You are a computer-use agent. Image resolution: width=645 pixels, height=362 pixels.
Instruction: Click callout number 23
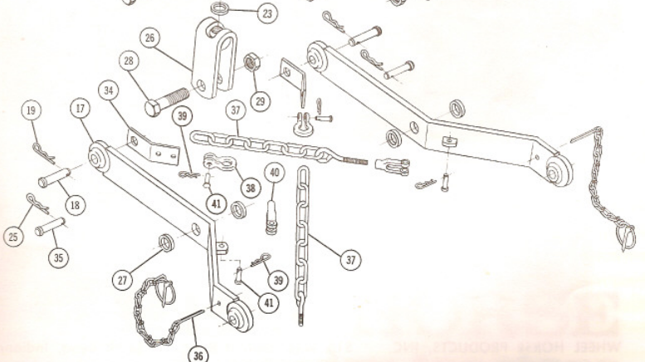267,14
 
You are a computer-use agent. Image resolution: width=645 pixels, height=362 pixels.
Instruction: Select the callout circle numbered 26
149,37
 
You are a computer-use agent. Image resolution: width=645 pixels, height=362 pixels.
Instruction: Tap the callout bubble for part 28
129,62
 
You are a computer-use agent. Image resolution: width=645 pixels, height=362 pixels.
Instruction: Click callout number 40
275,173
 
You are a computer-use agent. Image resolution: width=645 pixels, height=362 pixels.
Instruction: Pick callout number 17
81,109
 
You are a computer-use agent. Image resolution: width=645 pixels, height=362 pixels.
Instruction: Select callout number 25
13,237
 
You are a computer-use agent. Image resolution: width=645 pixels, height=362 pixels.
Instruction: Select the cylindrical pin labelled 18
53,178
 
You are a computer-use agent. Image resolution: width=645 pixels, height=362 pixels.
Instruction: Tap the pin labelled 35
48,225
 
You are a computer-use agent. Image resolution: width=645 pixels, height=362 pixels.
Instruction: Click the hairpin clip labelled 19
42,149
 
